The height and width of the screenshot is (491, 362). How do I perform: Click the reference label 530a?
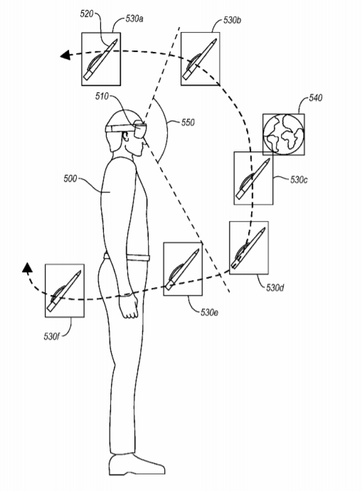[x=134, y=18]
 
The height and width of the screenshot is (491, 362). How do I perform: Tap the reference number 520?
[x=87, y=14]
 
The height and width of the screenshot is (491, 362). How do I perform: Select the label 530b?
[x=233, y=21]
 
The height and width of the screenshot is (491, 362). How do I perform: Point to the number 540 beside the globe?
[x=315, y=98]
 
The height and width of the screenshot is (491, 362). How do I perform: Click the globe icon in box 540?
[x=283, y=134]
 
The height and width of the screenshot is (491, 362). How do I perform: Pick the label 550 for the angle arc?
[x=188, y=122]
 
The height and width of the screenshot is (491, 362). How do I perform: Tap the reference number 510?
[x=102, y=96]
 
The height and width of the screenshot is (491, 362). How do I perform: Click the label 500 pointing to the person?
[x=70, y=179]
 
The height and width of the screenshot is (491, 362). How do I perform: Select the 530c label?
[x=299, y=180]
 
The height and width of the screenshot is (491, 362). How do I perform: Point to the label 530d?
[x=275, y=288]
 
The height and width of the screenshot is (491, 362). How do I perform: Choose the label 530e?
[x=209, y=312]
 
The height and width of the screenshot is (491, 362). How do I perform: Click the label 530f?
[x=51, y=337]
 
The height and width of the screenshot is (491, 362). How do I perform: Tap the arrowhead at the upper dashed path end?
[x=65, y=55]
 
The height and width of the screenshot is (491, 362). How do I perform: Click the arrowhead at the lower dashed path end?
[x=27, y=267]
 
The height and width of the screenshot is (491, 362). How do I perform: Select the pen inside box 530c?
[x=253, y=179]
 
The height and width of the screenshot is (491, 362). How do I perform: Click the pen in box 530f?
[x=64, y=291]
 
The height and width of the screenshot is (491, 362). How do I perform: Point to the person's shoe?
[x=137, y=464]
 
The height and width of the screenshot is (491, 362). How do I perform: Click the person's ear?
[x=125, y=136]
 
